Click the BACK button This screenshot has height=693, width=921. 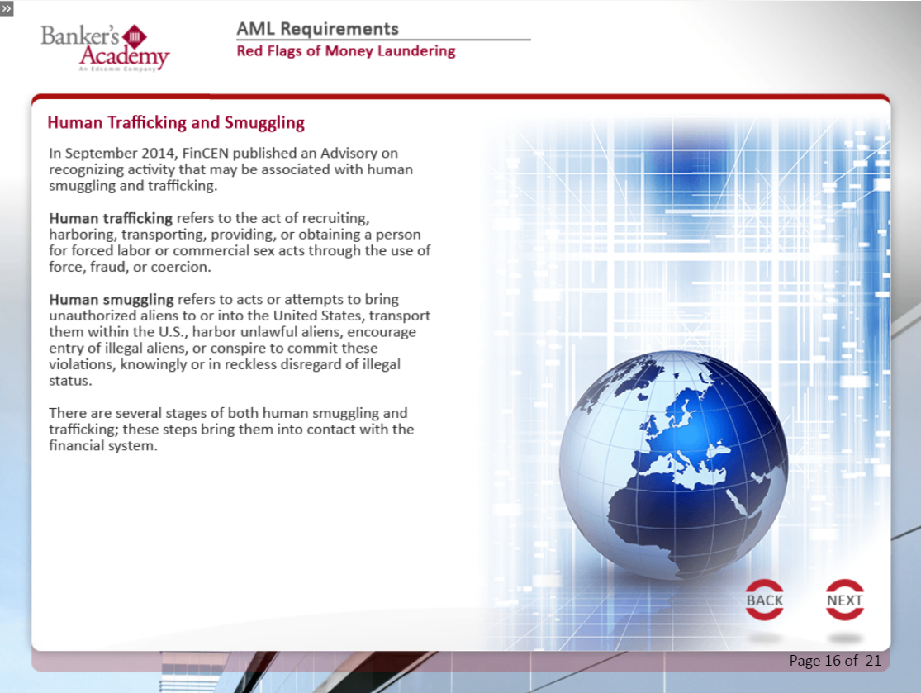pos(764,600)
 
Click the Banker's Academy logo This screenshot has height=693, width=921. pos(105,47)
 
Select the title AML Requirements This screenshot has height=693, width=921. pos(317,29)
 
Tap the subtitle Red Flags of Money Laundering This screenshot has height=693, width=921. pos(345,51)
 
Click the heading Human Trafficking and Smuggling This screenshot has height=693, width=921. pos(176,123)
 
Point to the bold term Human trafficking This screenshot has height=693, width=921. pos(111,219)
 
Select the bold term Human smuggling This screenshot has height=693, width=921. pos(111,299)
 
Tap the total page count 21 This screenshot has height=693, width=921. pos(873,661)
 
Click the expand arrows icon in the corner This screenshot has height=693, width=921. pos(7,7)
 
